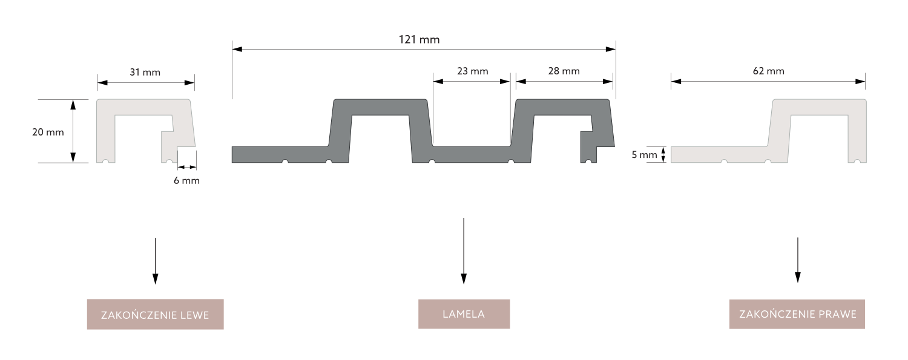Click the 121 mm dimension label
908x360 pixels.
click(419, 40)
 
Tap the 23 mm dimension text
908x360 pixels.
click(473, 71)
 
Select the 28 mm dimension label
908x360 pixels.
click(564, 71)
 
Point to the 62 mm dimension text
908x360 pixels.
click(769, 71)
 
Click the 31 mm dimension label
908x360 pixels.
click(145, 73)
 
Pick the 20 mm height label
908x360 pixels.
click(48, 132)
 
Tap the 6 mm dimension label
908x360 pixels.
click(187, 181)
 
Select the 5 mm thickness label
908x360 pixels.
click(645, 155)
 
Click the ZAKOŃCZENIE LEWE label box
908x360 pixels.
click(155, 314)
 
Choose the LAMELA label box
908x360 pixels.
click(464, 314)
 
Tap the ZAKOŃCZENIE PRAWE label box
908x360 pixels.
click(797, 314)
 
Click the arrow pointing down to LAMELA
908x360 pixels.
click(464, 251)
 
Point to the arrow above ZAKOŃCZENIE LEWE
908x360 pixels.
click(155, 261)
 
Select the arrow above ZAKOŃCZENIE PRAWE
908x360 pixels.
click(798, 260)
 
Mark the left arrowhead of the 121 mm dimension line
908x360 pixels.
click(237, 50)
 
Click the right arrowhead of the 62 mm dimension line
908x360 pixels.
click(860, 82)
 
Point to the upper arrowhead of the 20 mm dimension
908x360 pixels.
click(73, 105)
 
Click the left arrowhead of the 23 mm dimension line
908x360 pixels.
click(438, 82)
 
